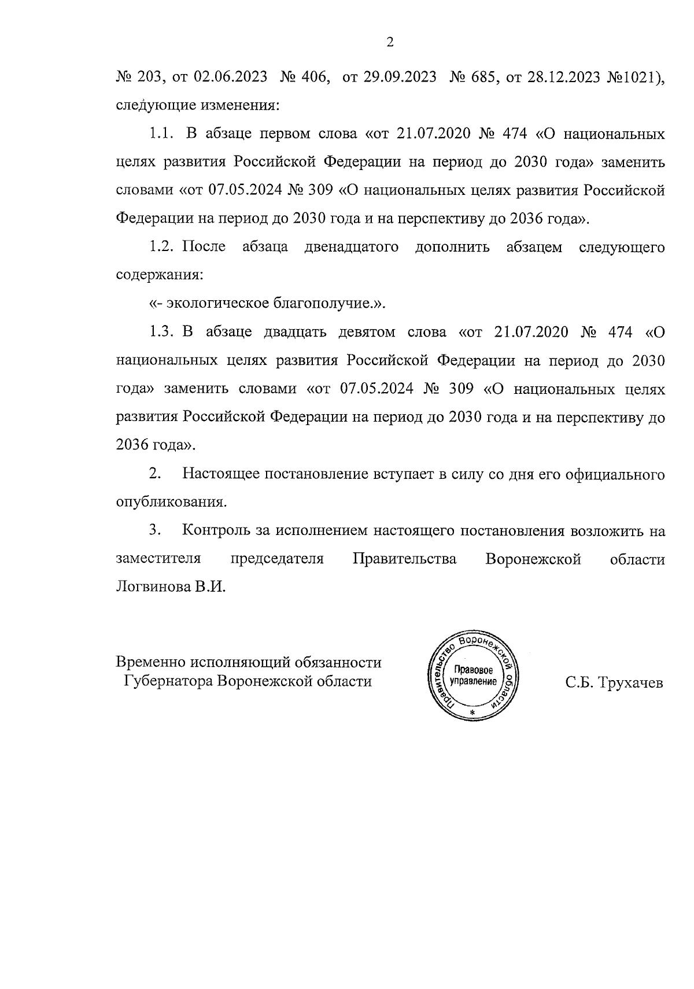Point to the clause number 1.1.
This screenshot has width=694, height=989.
pyautogui.click(x=162, y=134)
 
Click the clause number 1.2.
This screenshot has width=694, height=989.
pyautogui.click(x=162, y=247)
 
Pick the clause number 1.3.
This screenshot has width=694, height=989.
pyautogui.click(x=162, y=332)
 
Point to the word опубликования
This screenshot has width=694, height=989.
pyautogui.click(x=171, y=502)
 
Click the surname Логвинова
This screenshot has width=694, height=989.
pyautogui.click(x=153, y=587)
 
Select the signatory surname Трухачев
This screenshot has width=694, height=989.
pyautogui.click(x=630, y=682)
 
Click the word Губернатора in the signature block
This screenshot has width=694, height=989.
pyautogui.click(x=168, y=681)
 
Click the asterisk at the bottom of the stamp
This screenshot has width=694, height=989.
pyautogui.click(x=472, y=712)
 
